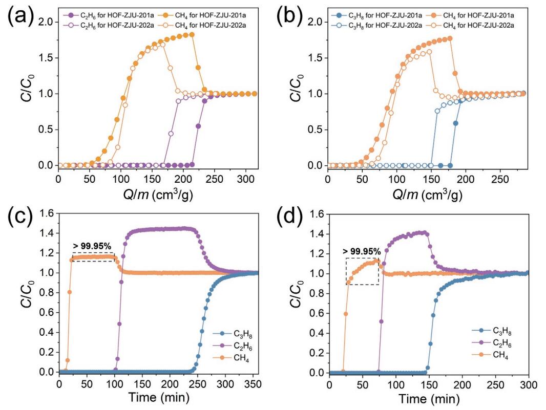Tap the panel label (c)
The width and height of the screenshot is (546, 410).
pos(21,222)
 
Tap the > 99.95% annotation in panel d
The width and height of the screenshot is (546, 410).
pos(362,251)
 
